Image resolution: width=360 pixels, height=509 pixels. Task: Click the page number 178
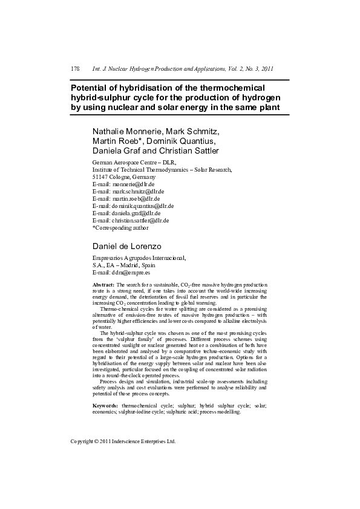click(x=76, y=69)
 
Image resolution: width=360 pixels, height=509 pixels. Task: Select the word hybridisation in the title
click(x=136, y=88)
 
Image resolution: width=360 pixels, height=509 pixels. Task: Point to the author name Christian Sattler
click(x=189, y=151)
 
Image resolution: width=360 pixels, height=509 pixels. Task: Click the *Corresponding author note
click(x=120, y=228)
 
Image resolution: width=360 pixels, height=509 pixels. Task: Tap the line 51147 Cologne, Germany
click(x=124, y=177)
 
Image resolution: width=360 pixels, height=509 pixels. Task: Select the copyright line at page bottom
click(x=123, y=442)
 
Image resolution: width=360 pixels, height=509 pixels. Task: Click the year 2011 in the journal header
click(x=268, y=69)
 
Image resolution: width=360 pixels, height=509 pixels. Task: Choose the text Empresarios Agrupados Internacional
click(x=139, y=258)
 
